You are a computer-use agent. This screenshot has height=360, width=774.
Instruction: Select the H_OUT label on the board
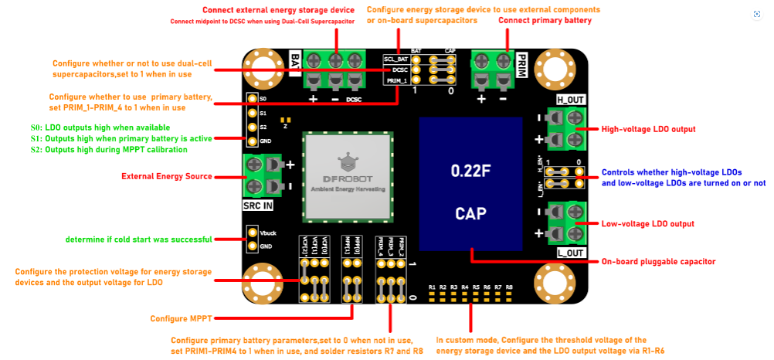(x=571, y=100)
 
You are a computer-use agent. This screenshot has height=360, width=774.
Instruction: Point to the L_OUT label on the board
(x=571, y=253)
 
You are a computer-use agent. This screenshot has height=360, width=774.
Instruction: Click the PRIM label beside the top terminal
(x=521, y=62)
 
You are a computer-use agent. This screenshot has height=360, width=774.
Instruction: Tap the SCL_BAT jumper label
(x=395, y=59)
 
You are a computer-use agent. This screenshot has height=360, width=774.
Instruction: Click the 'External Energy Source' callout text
(x=167, y=176)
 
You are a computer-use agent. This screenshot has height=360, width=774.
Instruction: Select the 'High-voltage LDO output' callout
(x=648, y=129)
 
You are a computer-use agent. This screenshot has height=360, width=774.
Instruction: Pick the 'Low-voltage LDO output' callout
(x=647, y=224)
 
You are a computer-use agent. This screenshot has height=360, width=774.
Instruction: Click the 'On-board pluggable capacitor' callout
(x=658, y=262)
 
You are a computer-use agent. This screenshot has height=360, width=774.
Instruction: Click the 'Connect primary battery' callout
(x=546, y=20)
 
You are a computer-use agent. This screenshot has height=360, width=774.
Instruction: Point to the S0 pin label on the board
(x=263, y=100)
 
